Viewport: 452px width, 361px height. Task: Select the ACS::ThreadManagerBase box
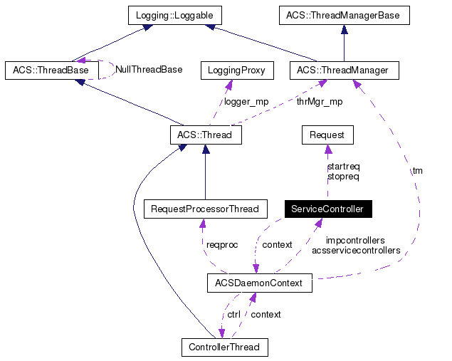click(x=344, y=14)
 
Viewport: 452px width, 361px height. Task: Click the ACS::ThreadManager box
click(x=345, y=70)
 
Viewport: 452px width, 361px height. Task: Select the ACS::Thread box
click(x=206, y=134)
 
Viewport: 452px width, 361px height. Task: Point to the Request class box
click(x=327, y=134)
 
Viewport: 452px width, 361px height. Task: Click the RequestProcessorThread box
click(x=205, y=209)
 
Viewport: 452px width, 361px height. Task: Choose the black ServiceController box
click(x=327, y=209)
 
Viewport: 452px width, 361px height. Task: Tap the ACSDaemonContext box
click(x=258, y=283)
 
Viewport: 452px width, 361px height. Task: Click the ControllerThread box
click(x=224, y=347)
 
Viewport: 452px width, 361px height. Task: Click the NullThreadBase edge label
click(x=149, y=70)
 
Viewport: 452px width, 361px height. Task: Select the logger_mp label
click(x=246, y=101)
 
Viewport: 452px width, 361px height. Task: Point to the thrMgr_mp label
click(x=319, y=101)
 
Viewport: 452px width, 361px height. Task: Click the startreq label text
click(x=343, y=166)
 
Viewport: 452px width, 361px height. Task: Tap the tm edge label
click(x=417, y=170)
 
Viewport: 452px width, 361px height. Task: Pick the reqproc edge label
click(x=222, y=244)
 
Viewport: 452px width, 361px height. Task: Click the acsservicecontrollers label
click(x=356, y=251)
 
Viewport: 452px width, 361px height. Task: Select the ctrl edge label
click(x=233, y=314)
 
